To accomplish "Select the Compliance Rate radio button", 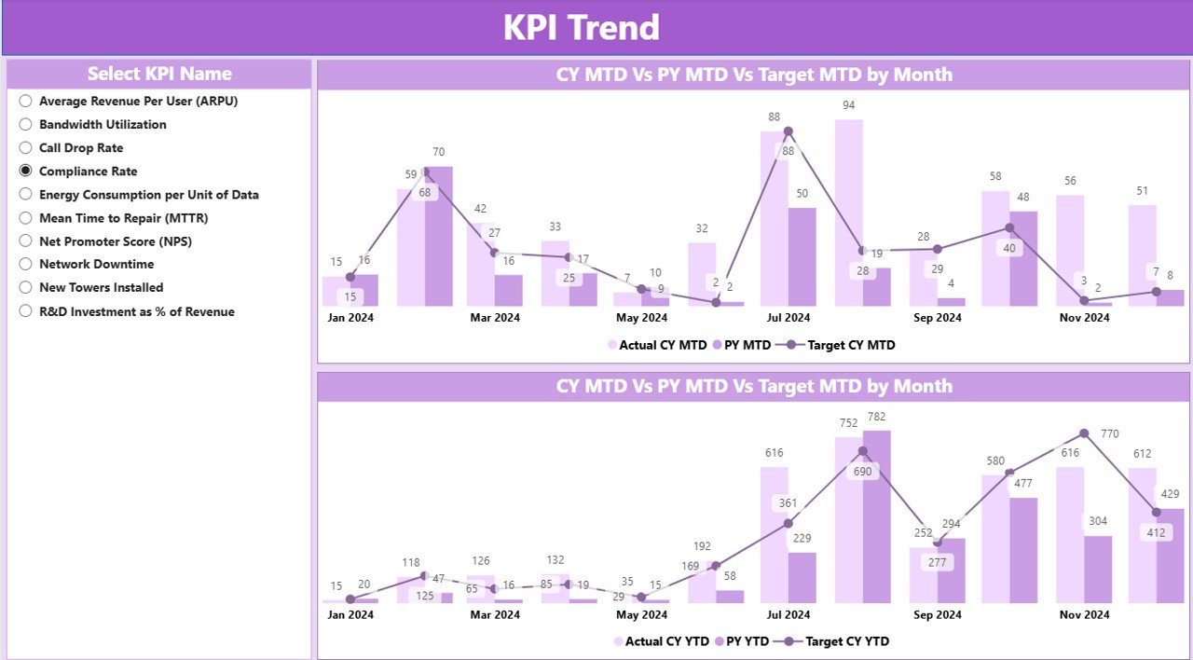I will coord(26,171).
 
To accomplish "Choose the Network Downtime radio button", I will coord(26,264).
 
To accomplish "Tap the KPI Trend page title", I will coord(581,27).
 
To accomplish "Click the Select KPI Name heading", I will coord(159,74).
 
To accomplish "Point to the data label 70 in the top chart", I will coord(438,152).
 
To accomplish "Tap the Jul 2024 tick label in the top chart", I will coord(789,318).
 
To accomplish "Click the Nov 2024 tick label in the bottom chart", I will coord(1085,614).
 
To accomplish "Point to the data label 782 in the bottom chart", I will coord(876,416).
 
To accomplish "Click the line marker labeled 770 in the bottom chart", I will coord(1084,433).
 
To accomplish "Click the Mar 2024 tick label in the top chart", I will coord(495,318).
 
